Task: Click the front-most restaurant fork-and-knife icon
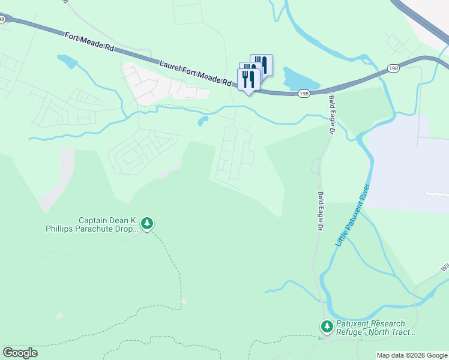tap(249, 79)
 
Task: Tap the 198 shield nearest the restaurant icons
tap(304, 93)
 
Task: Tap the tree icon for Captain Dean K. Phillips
tap(147, 224)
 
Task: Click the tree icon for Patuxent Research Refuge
tap(327, 327)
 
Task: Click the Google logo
tap(20, 352)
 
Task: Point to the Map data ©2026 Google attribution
tap(412, 355)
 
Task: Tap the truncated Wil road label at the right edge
tap(444, 266)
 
